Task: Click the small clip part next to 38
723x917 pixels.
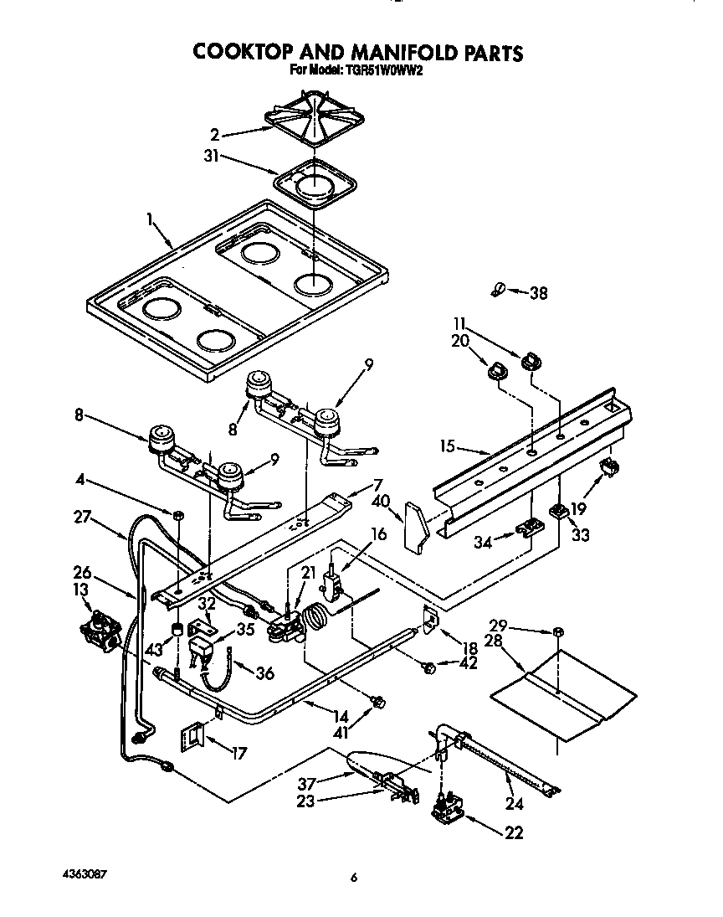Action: point(497,290)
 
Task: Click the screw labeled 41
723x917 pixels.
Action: point(377,702)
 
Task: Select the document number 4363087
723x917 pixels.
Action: point(84,873)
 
